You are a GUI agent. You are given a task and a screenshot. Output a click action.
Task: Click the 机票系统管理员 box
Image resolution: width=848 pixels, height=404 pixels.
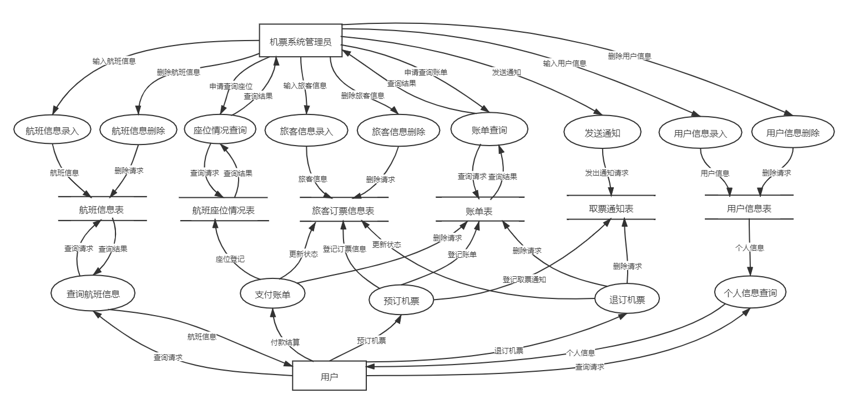tap(300, 41)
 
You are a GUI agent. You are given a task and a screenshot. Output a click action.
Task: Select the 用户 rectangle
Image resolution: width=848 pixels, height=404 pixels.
tap(329, 376)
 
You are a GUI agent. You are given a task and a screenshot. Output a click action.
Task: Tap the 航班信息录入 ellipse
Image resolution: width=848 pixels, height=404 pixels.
tap(53, 131)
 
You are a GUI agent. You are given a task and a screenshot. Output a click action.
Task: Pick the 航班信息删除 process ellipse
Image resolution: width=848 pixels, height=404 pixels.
tap(138, 131)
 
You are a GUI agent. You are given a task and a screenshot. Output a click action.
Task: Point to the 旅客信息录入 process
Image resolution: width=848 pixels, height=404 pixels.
tap(306, 132)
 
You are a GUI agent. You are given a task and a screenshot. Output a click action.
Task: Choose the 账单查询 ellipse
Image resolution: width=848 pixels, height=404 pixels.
tap(489, 130)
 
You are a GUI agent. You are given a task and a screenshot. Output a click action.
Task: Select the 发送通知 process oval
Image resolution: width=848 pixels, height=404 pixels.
tap(602, 133)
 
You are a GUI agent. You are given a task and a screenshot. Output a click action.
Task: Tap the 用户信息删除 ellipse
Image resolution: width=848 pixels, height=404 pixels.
tap(793, 133)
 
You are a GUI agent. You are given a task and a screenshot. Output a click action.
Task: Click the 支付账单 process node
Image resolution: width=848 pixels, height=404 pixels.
tap(272, 295)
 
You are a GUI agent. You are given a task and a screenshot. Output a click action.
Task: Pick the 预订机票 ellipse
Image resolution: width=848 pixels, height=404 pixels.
tap(401, 301)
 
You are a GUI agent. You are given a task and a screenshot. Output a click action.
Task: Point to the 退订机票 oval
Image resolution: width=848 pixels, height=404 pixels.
tap(627, 300)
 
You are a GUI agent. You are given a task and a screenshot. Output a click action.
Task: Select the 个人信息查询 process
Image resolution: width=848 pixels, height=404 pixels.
tap(750, 293)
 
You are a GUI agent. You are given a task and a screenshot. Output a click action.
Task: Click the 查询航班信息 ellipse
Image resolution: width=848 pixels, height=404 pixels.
tap(93, 294)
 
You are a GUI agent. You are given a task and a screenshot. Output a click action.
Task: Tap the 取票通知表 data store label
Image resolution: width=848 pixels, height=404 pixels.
tap(611, 209)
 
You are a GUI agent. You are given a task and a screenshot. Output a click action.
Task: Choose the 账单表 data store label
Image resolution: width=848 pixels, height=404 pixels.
tap(479, 212)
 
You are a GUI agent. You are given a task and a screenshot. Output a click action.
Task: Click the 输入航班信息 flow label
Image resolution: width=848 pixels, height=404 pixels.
tap(114, 61)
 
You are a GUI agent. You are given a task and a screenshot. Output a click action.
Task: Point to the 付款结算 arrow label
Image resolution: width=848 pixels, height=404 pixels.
tap(285, 341)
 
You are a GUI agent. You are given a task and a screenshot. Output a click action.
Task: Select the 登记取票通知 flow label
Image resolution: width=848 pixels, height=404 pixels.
tap(524, 279)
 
